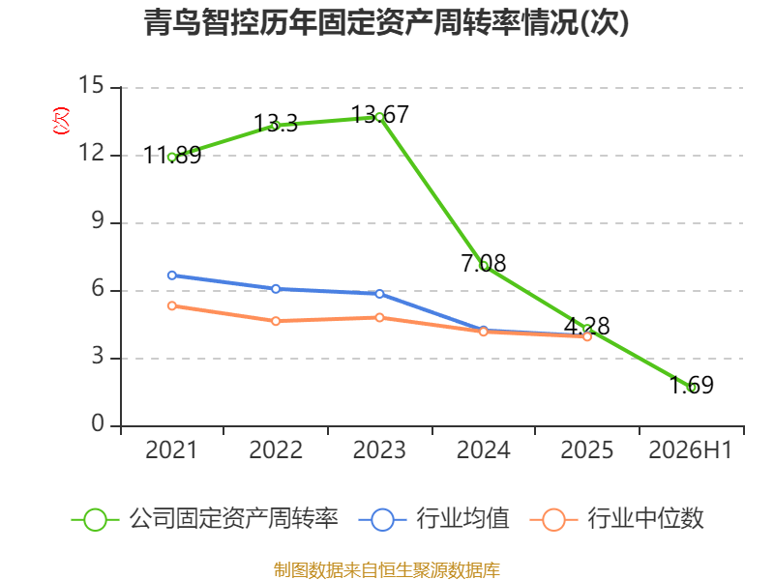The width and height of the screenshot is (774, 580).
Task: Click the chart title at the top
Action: pyautogui.click(x=386, y=22)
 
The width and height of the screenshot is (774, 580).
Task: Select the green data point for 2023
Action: pyautogui.click(x=379, y=117)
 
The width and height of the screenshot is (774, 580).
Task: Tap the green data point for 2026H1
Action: pyautogui.click(x=691, y=388)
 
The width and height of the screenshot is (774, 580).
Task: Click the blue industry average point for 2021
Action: pyautogui.click(x=172, y=275)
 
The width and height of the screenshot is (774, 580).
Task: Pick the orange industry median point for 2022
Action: pyautogui.click(x=276, y=321)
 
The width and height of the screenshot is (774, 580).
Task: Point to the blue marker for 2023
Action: pyautogui.click(x=379, y=294)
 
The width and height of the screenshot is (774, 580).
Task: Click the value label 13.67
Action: pyautogui.click(x=379, y=115)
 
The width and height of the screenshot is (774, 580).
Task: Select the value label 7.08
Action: pyautogui.click(x=483, y=263)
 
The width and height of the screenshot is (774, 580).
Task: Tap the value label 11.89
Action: pyautogui.click(x=172, y=156)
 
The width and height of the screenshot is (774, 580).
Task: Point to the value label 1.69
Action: pyautogui.click(x=691, y=385)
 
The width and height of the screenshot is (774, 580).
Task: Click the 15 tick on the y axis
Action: pyautogui.click(x=91, y=85)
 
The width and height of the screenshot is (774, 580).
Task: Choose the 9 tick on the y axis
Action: pyautogui.click(x=98, y=221)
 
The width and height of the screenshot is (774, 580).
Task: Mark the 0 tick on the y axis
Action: pyautogui.click(x=98, y=423)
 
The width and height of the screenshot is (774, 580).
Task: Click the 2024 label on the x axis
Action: pyautogui.click(x=483, y=450)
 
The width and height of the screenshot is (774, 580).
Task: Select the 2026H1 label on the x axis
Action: pyautogui.click(x=690, y=450)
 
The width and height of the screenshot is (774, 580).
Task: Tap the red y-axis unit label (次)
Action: pyautogui.click(x=61, y=121)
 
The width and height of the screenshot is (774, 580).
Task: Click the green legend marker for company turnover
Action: pyautogui.click(x=95, y=520)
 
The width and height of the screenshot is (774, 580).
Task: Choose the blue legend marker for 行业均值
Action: pyautogui.click(x=382, y=520)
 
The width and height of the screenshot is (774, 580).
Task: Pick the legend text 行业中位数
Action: pyautogui.click(x=645, y=519)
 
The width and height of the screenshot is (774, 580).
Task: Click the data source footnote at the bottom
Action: pyautogui.click(x=386, y=570)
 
